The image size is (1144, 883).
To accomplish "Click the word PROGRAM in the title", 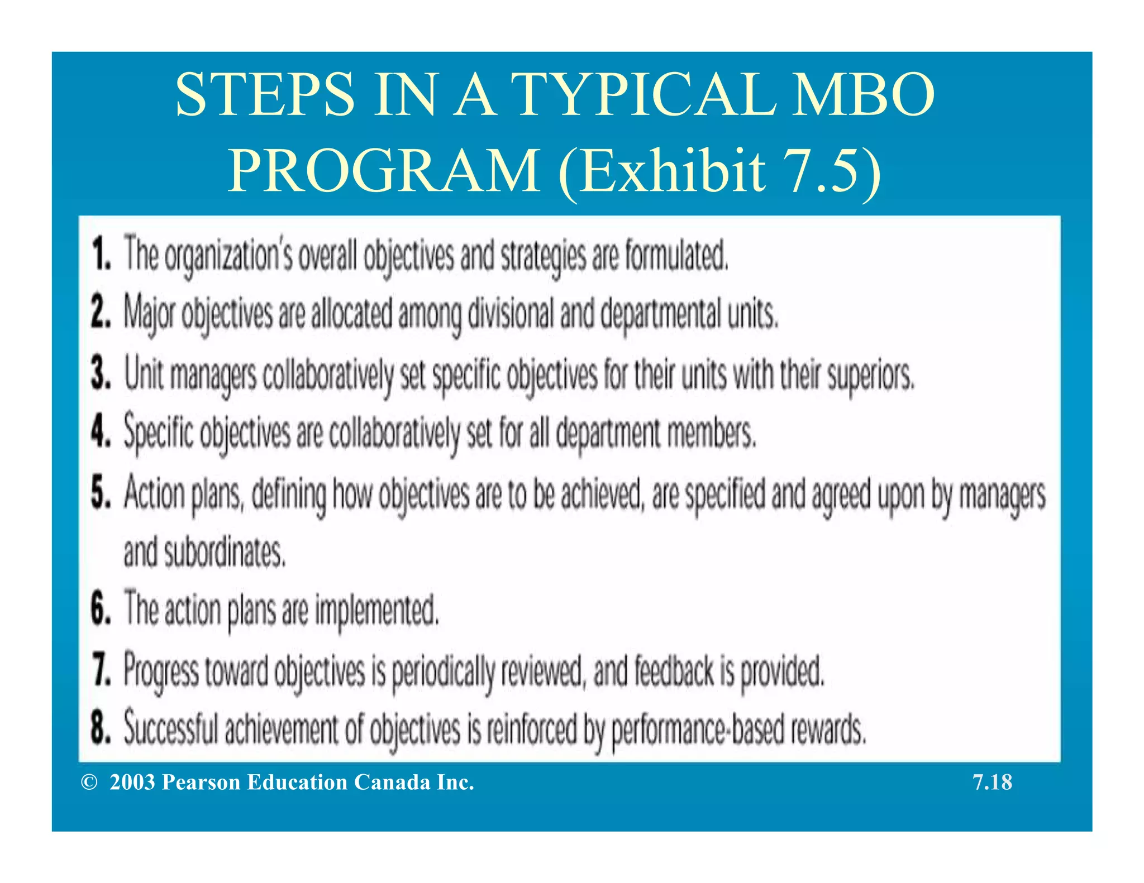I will pos(384,171).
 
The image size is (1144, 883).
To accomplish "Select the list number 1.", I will pos(101,254).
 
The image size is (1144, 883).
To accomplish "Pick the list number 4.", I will pos(101,431).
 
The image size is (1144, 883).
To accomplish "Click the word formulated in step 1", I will pos(676,255).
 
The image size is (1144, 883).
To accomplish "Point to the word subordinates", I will pos(225,553).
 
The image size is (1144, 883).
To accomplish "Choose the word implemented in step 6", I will pos(377,610).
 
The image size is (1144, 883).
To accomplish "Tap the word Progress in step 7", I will pos(161,672).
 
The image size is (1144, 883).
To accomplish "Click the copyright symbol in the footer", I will pos(89,783).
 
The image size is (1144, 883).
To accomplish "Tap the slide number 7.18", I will pos(992,783).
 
